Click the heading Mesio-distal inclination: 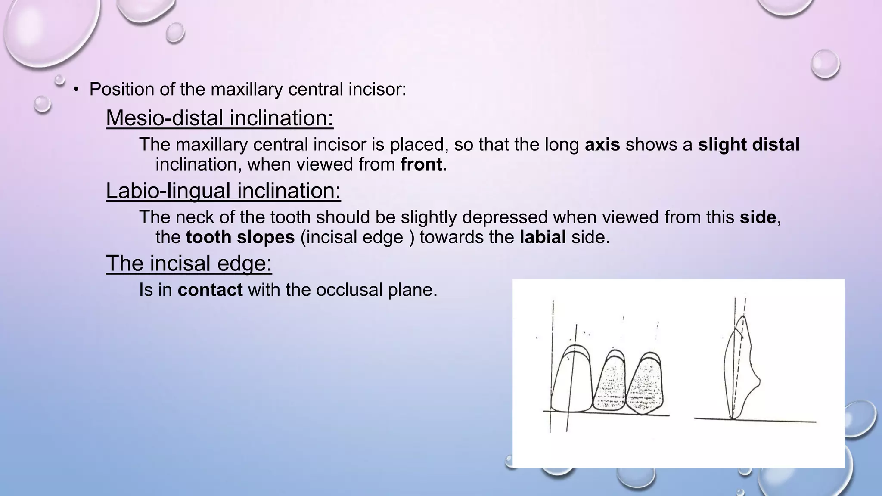(220, 118)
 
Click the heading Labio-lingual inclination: (223, 191)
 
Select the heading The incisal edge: (189, 263)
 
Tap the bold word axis (602, 145)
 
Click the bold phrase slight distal (748, 145)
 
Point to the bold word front (421, 164)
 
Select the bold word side (758, 217)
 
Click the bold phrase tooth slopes (240, 237)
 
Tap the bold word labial (543, 237)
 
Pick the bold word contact (210, 290)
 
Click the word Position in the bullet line (121, 89)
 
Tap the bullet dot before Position (76, 90)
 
